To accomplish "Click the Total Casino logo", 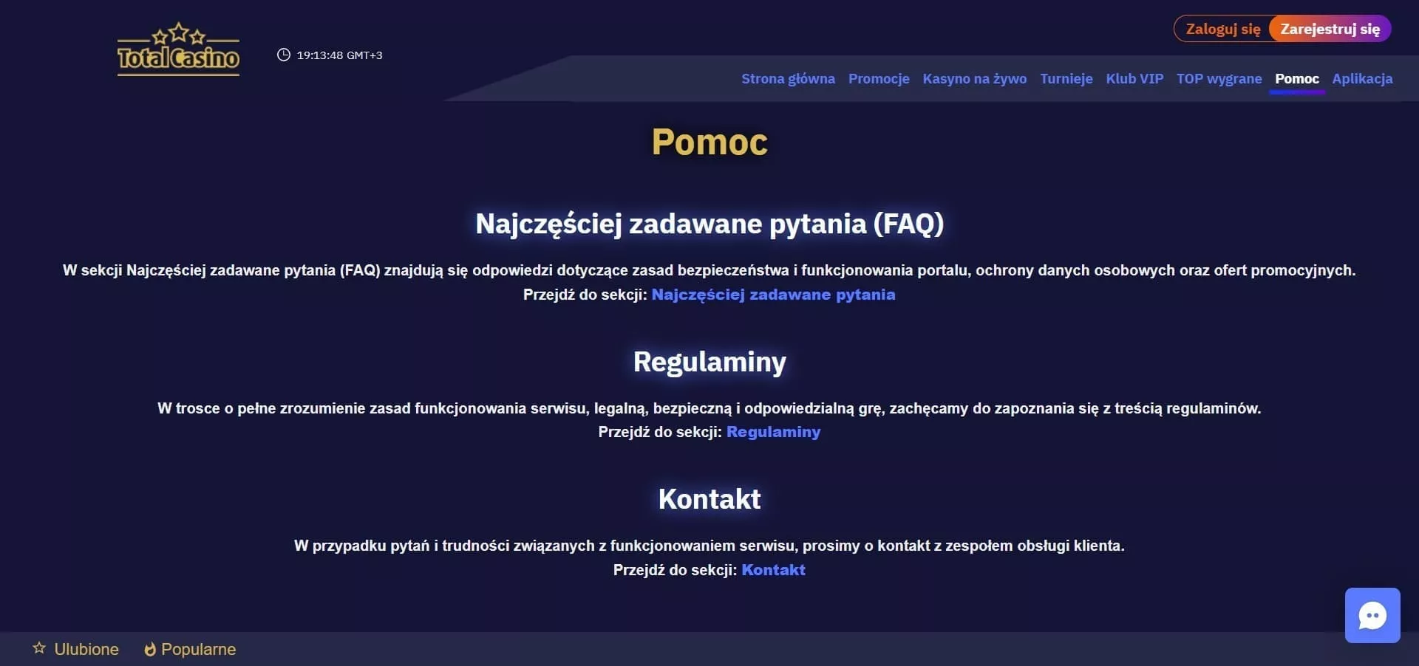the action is coord(178,49).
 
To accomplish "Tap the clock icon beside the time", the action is coord(283,55).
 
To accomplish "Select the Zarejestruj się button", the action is coord(1330,29).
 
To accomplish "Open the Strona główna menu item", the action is coord(788,79).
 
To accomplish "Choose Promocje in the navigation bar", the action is coord(879,79).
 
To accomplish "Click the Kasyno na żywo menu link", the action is coord(974,79).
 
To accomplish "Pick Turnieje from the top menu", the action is coord(1066,79).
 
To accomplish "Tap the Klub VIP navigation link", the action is coord(1134,79).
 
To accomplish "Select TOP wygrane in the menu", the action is coord(1219,79).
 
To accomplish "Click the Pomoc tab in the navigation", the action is coord(1296,79).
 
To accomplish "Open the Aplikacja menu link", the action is coord(1362,79).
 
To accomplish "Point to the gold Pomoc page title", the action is coord(709,142).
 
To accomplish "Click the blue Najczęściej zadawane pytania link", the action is coord(773,295).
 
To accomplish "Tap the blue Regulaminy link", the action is coord(773,432).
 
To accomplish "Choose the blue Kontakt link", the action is coord(773,570).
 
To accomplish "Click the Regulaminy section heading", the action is coord(709,362).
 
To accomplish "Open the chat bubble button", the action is coord(1372,615).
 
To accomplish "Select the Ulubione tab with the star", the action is coord(75,649).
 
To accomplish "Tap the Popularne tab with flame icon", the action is coord(190,649).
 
